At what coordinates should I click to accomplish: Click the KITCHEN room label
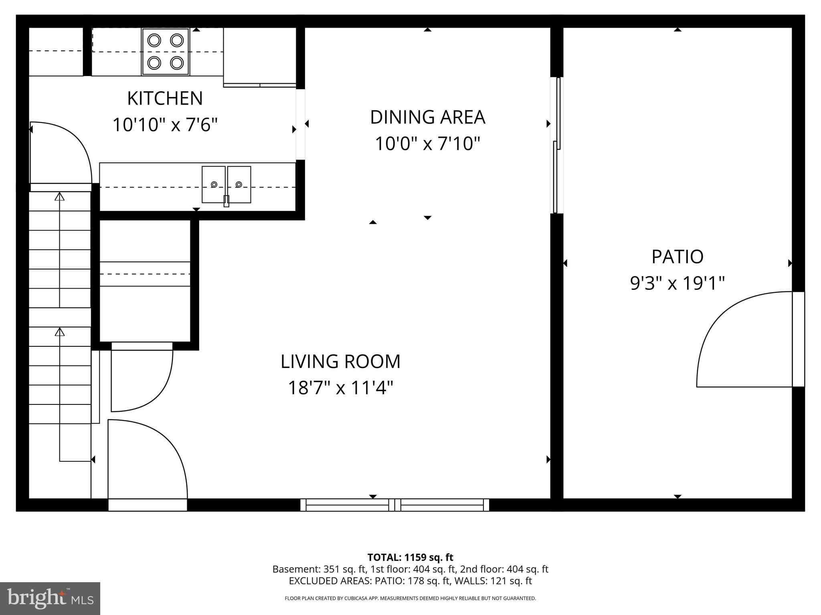coord(165,98)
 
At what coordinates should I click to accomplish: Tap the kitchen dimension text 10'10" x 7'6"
coord(165,125)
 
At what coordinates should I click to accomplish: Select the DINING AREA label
coord(427,117)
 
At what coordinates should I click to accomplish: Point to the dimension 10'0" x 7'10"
coord(427,144)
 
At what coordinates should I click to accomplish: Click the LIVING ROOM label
coord(340,362)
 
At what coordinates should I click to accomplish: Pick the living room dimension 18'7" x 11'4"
coord(340,388)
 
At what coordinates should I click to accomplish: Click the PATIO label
coord(677,257)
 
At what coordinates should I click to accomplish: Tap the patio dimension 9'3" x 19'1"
coord(677,283)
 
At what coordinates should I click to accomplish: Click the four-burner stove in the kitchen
coord(165,52)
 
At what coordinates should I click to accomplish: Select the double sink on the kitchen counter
coord(226,185)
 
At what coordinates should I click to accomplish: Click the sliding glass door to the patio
coord(556,145)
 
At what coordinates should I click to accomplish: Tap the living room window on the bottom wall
coord(395,505)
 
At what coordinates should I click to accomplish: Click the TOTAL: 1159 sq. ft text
coord(410,557)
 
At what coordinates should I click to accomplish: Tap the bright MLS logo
coord(50,599)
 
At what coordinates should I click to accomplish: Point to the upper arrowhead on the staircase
coord(60,196)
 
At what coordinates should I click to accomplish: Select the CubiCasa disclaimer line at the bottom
coord(410,599)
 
